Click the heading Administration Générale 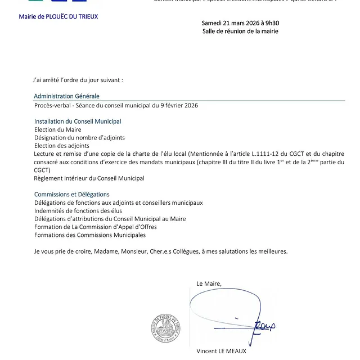tap(66, 96)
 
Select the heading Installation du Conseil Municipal tap(78, 121)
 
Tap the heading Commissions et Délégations tap(72, 194)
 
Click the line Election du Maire tap(57, 129)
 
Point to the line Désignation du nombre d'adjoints tap(79, 137)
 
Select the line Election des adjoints tap(62, 145)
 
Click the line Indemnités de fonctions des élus tap(78, 210)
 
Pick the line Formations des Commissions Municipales tap(90, 235)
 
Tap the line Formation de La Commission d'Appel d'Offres tap(96, 227)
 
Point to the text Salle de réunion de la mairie tap(240, 31)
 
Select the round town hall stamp tap(165, 328)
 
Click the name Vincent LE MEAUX tap(221, 351)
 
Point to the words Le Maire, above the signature tap(209, 283)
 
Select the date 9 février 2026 tap(179, 105)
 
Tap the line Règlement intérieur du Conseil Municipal tap(89, 178)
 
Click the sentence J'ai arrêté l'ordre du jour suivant tap(78, 80)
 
